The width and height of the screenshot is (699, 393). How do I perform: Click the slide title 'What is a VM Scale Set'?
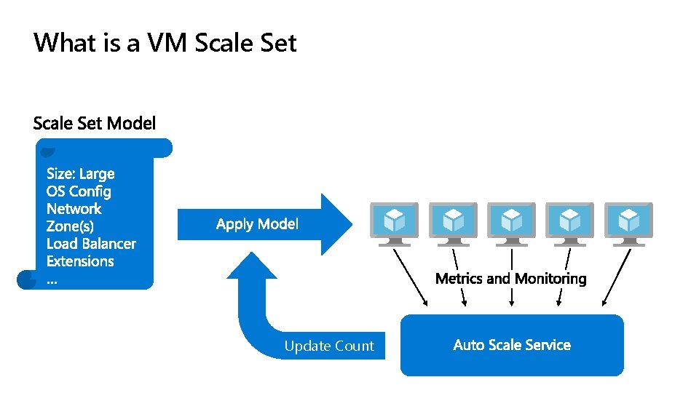165,43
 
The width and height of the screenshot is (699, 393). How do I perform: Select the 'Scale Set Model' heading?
95,124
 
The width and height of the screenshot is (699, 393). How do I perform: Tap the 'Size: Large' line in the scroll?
80,174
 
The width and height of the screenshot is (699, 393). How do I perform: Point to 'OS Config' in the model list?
79,191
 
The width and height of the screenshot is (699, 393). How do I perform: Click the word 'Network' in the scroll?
74,209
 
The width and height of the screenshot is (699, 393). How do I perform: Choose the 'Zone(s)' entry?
70,226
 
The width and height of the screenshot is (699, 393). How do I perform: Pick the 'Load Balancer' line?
91,244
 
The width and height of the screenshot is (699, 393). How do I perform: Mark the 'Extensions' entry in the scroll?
80,261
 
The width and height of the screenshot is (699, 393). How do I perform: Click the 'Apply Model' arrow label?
257,224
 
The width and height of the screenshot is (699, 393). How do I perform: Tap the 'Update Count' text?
329,346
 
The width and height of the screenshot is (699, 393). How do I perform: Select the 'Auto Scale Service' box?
512,345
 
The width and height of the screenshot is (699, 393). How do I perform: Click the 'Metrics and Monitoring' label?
510,279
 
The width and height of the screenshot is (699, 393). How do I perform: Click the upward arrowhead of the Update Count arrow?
252,267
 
